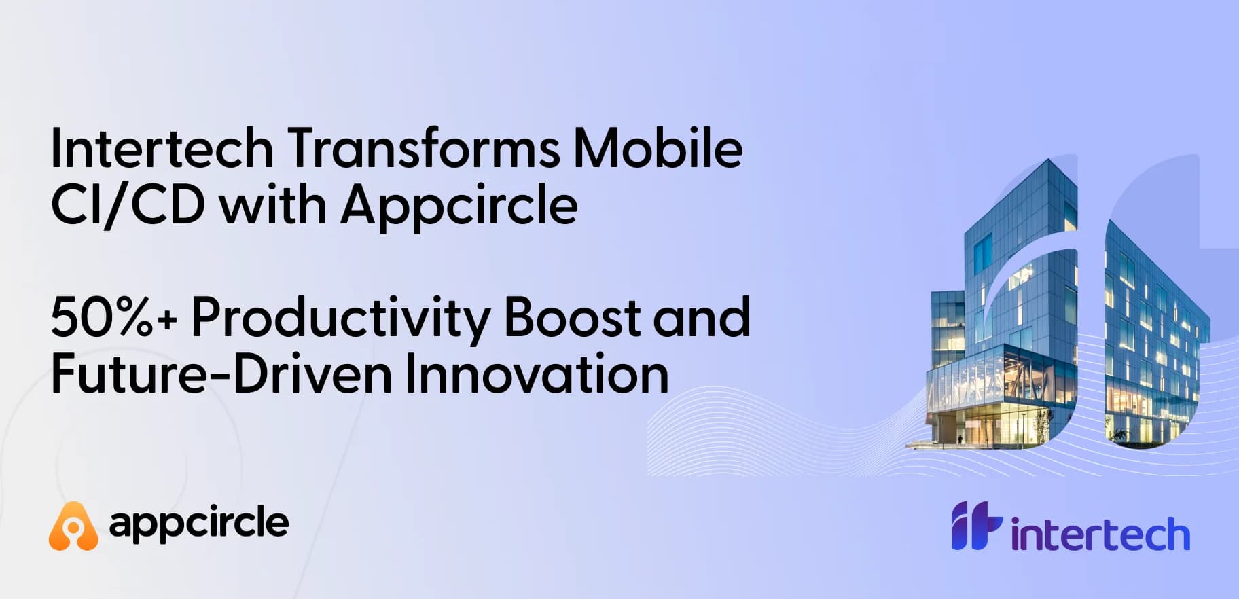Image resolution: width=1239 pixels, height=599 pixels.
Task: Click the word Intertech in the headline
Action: point(162,147)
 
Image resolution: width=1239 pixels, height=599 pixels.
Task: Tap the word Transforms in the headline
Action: point(423,147)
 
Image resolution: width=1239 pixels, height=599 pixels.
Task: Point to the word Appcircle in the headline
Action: point(459,207)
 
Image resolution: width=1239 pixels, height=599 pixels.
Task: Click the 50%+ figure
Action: point(113,317)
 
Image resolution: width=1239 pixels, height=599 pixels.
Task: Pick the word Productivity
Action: point(340,319)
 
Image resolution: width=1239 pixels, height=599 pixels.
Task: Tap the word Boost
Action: point(572,316)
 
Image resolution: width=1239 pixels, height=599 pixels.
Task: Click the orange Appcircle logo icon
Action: point(73,525)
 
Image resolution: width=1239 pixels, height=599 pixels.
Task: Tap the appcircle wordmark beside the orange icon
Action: point(199,523)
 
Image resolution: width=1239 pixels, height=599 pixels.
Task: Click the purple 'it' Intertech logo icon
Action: point(976,525)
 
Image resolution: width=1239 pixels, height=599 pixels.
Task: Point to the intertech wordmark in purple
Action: point(1100,534)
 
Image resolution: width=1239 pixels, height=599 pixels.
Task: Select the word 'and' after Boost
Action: point(701,316)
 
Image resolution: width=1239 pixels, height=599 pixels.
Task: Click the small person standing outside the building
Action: point(960,439)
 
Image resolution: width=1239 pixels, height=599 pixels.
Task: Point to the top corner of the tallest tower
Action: point(1050,159)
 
